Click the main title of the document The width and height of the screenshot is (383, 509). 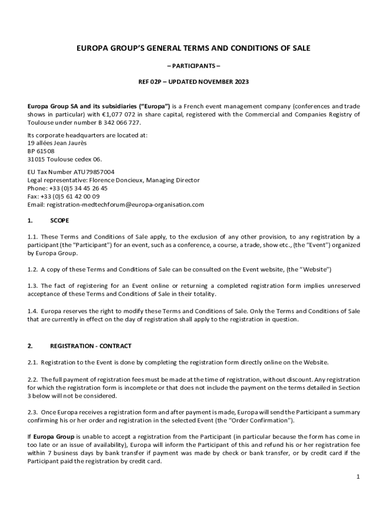point(193,48)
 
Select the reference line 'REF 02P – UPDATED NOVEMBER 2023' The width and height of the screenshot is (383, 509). point(193,82)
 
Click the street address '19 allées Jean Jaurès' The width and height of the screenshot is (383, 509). point(57,143)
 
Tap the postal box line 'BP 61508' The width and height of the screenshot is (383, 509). point(41,151)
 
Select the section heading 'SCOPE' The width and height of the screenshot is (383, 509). point(60,220)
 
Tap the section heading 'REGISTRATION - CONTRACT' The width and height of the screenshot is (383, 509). point(91,345)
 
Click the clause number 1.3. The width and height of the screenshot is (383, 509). point(32,286)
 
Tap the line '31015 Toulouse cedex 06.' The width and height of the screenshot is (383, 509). point(64,159)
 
